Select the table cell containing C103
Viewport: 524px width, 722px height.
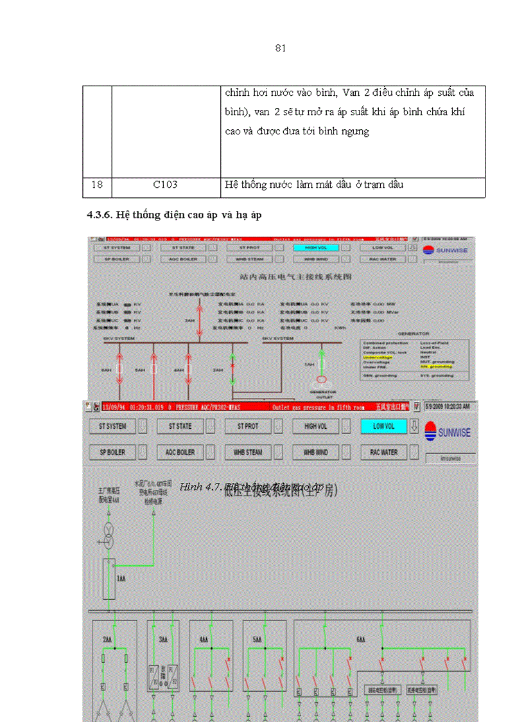pos(165,185)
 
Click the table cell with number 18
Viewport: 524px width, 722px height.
pos(97,185)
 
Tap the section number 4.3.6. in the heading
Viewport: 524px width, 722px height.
pos(100,216)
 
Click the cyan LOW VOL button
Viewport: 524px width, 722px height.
pos(384,426)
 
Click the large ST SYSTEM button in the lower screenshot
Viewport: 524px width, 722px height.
pos(108,426)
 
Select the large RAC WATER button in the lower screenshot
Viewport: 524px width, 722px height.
pos(384,453)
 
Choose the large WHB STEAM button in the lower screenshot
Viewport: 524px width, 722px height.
pos(248,453)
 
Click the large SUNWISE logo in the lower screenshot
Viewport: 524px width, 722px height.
pos(448,432)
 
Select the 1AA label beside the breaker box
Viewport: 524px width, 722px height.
pos(121,579)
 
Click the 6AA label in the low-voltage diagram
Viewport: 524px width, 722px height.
pos(361,640)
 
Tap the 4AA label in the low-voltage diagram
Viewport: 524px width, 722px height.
pos(204,640)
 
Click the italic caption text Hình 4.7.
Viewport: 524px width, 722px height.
pos(199,487)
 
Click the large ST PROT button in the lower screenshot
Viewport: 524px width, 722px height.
pos(248,426)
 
